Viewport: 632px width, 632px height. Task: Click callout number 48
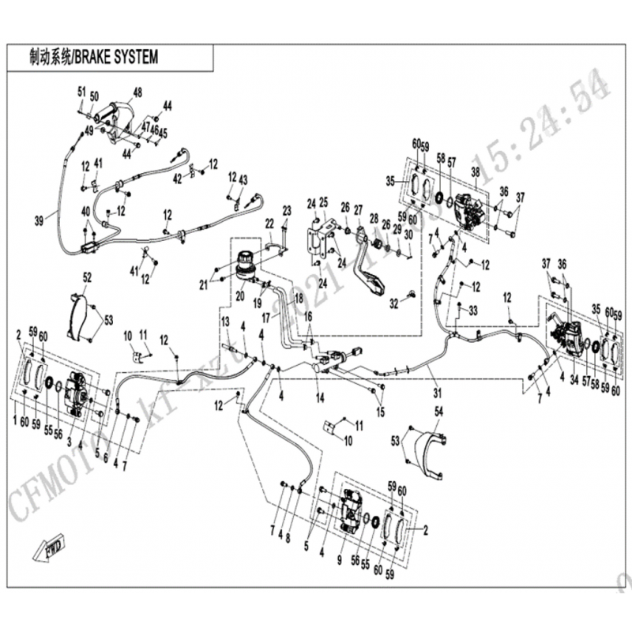pyautogui.click(x=138, y=92)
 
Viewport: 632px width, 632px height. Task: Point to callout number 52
pyautogui.click(x=87, y=277)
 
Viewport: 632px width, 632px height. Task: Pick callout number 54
pyautogui.click(x=439, y=412)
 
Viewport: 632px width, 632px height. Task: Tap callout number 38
pyautogui.click(x=476, y=171)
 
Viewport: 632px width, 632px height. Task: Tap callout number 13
pyautogui.click(x=225, y=321)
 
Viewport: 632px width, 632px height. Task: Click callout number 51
pyautogui.click(x=81, y=92)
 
